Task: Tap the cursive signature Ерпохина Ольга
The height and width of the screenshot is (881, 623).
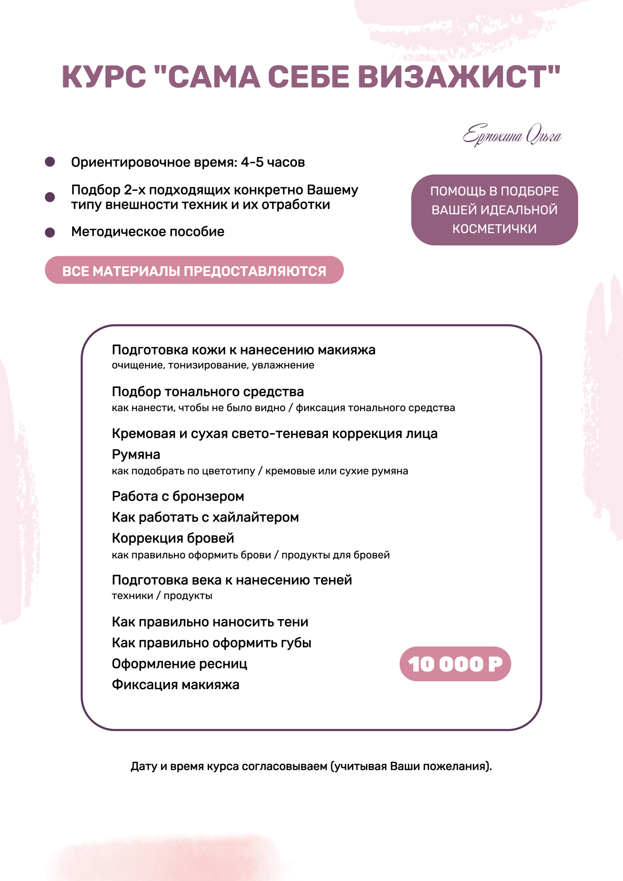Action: point(512,135)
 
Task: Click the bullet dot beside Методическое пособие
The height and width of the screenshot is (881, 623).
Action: point(50,232)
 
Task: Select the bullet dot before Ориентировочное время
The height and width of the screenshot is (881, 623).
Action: point(50,162)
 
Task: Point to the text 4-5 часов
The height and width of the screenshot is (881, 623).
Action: point(272,162)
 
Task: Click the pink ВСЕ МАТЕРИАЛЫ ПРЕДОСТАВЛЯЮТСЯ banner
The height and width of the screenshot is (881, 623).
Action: point(194,271)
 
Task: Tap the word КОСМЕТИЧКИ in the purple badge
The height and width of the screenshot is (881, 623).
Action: point(494,229)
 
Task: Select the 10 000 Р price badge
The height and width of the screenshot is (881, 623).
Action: point(455,664)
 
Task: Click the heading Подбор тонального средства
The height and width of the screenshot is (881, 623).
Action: point(208,392)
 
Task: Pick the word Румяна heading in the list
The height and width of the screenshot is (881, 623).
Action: point(136,455)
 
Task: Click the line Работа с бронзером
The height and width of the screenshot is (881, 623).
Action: point(178,496)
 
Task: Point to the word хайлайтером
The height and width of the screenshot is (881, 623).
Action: point(256,518)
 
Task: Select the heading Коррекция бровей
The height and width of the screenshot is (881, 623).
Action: point(173,538)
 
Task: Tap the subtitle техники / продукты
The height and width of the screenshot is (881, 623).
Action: point(162,596)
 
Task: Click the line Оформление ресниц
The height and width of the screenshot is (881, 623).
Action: point(179,664)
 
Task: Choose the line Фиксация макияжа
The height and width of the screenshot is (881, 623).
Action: point(176,685)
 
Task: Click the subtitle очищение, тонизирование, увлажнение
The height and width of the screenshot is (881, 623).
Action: point(213,365)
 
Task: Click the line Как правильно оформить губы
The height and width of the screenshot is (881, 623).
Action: point(211,643)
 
